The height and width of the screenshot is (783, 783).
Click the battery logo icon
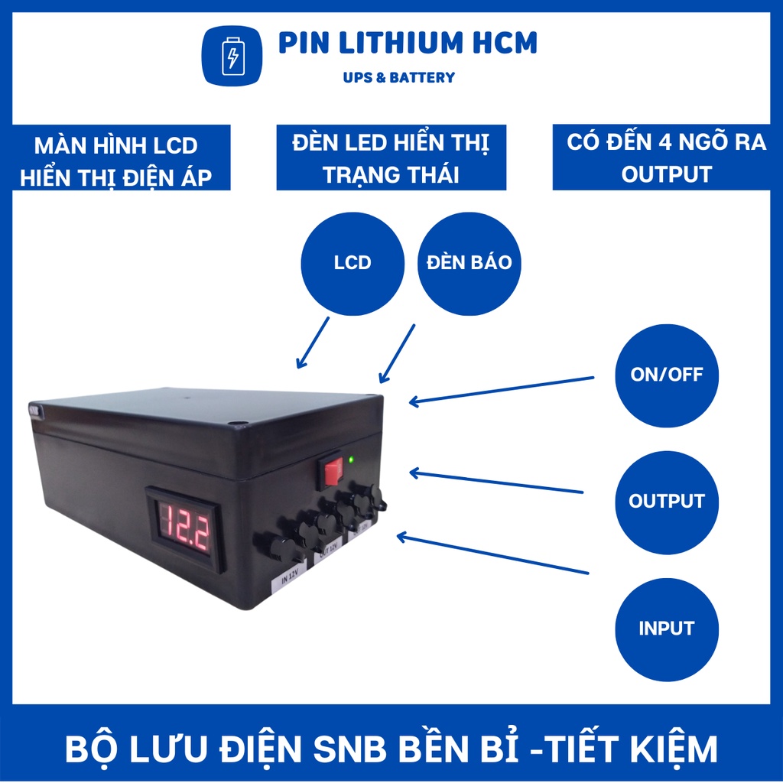pyautogui.click(x=232, y=55)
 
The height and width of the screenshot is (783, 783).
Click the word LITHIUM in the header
pyautogui.click(x=390, y=43)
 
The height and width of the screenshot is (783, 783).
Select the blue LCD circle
pyautogui.click(x=353, y=263)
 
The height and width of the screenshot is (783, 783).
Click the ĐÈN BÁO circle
pyautogui.click(x=469, y=263)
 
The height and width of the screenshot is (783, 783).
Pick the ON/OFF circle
pyautogui.click(x=667, y=375)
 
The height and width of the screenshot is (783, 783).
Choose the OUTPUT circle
pyautogui.click(x=667, y=502)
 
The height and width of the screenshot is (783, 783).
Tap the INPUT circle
pyautogui.click(x=667, y=629)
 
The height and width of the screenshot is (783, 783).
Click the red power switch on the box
pyautogui.click(x=331, y=472)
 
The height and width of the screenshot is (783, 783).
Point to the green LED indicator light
pyautogui.click(x=351, y=460)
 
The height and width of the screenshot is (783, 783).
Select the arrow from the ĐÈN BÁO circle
pyautogui.click(x=397, y=353)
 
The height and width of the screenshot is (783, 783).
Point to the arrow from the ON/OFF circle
pyautogui.click(x=502, y=389)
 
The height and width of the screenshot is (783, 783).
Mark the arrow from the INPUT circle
pyautogui.click(x=493, y=554)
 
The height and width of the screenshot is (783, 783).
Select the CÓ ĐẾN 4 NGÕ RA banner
pyautogui.click(x=667, y=158)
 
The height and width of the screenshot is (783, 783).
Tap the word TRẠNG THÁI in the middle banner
pyautogui.click(x=391, y=174)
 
